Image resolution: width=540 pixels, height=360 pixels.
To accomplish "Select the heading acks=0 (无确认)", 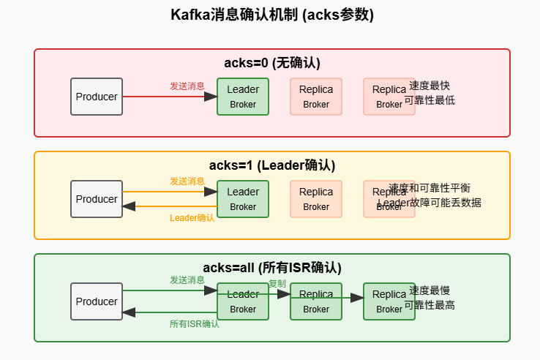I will tap(272, 63).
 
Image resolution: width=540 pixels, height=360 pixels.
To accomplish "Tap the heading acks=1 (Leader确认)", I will tap(272, 165).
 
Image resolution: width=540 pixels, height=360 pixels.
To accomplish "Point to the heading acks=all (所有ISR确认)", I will tap(272, 268).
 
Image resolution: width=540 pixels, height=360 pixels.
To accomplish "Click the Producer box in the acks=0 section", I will tap(97, 97).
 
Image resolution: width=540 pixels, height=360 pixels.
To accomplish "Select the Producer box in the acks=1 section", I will tap(97, 199).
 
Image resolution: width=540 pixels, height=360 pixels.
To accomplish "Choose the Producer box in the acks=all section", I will tap(97, 301).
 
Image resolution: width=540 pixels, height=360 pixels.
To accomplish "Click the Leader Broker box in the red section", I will tap(243, 97).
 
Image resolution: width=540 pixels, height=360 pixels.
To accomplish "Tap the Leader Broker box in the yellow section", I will tap(243, 199).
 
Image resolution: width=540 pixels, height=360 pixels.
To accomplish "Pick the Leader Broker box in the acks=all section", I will tap(243, 301).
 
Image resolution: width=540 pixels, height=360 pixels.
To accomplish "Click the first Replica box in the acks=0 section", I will tap(316, 97).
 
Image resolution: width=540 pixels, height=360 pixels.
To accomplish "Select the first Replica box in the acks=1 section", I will tap(316, 199).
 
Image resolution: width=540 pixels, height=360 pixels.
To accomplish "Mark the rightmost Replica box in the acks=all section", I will tap(389, 301).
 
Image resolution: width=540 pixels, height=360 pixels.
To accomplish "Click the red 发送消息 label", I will tap(187, 86).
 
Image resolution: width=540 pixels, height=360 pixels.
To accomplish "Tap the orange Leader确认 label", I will tap(192, 218).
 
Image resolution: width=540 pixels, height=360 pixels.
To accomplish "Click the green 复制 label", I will tap(277, 284).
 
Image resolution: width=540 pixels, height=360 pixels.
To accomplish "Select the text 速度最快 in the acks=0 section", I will tap(430, 86).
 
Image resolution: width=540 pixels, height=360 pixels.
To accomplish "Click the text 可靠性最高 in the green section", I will tap(430, 305).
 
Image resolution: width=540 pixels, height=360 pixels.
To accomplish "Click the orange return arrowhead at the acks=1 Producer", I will tap(130, 206).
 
